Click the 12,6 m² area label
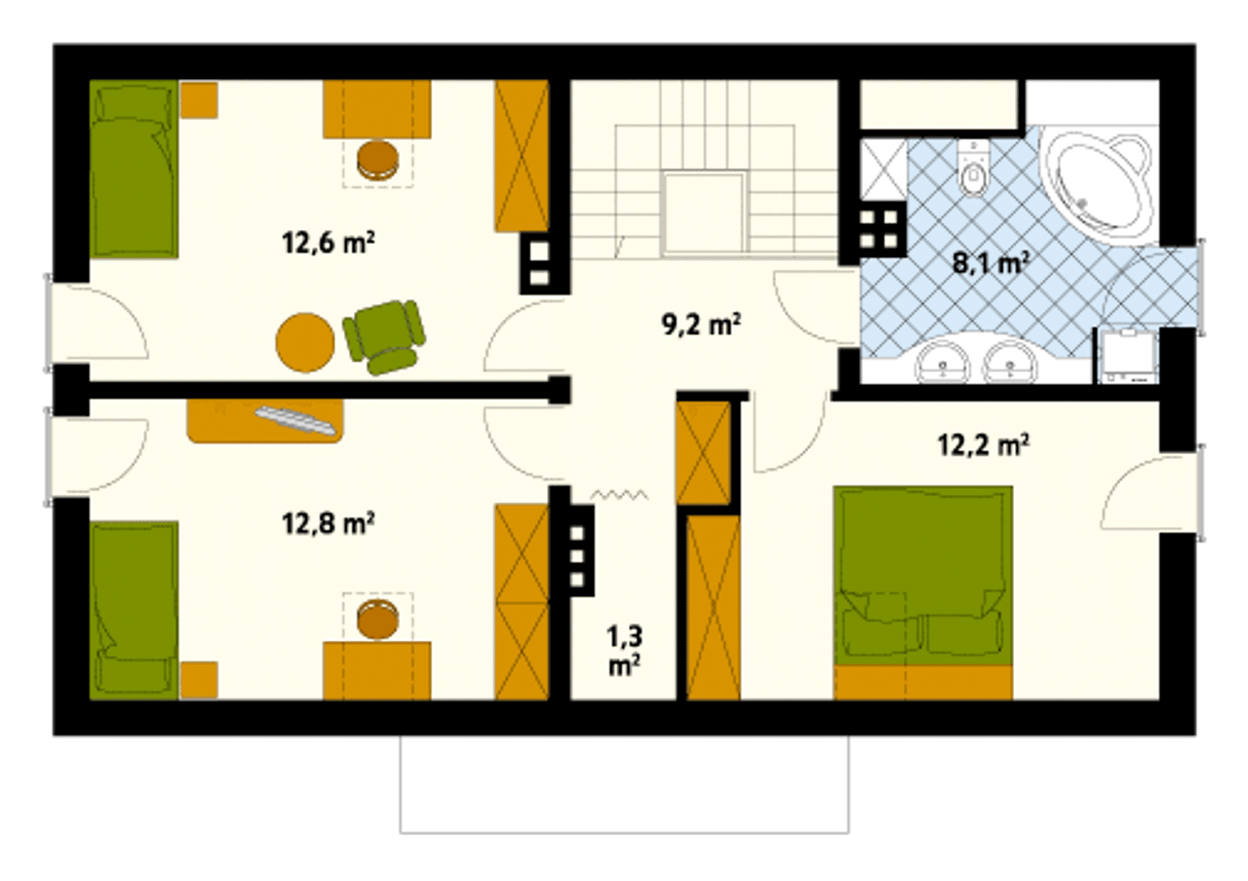click(329, 244)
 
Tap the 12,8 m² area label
click(329, 523)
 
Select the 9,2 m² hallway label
click(701, 326)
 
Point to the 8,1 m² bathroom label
click(991, 263)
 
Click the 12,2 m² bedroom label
click(984, 445)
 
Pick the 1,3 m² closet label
click(625, 650)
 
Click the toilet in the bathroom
click(973, 169)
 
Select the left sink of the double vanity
click(943, 362)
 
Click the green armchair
click(383, 336)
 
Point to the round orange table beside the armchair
click(305, 342)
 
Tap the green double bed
click(922, 594)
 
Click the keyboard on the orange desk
click(295, 420)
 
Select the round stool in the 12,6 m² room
click(378, 161)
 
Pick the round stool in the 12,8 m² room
click(378, 619)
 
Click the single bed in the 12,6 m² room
click(135, 170)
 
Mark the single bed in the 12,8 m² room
click(135, 610)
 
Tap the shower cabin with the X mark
click(883, 170)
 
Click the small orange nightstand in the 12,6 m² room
click(199, 100)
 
